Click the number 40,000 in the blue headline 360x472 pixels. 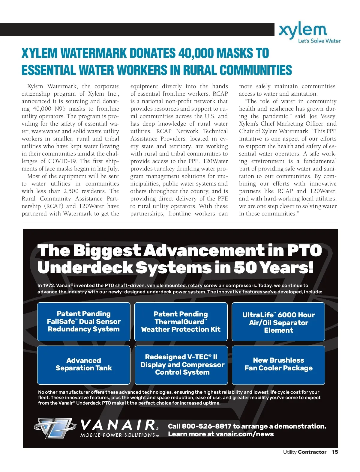pos(195,53)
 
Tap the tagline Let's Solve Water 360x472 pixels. pos(319,41)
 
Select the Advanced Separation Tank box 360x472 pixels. pos(84,365)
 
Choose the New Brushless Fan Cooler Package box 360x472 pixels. pos(278,365)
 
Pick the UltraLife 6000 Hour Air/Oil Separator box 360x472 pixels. pos(278,322)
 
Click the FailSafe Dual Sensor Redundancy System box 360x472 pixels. pos(84,322)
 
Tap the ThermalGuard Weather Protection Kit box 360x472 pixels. pos(181,322)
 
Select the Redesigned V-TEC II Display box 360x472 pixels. pos(181,365)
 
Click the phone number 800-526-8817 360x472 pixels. pos(206,426)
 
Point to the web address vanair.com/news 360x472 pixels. pos(244,434)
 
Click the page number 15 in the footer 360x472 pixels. pos(335,452)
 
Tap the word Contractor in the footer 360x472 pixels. pos(312,452)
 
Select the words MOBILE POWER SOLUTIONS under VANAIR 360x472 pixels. pos(118,435)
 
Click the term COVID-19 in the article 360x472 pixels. pos(63,161)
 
